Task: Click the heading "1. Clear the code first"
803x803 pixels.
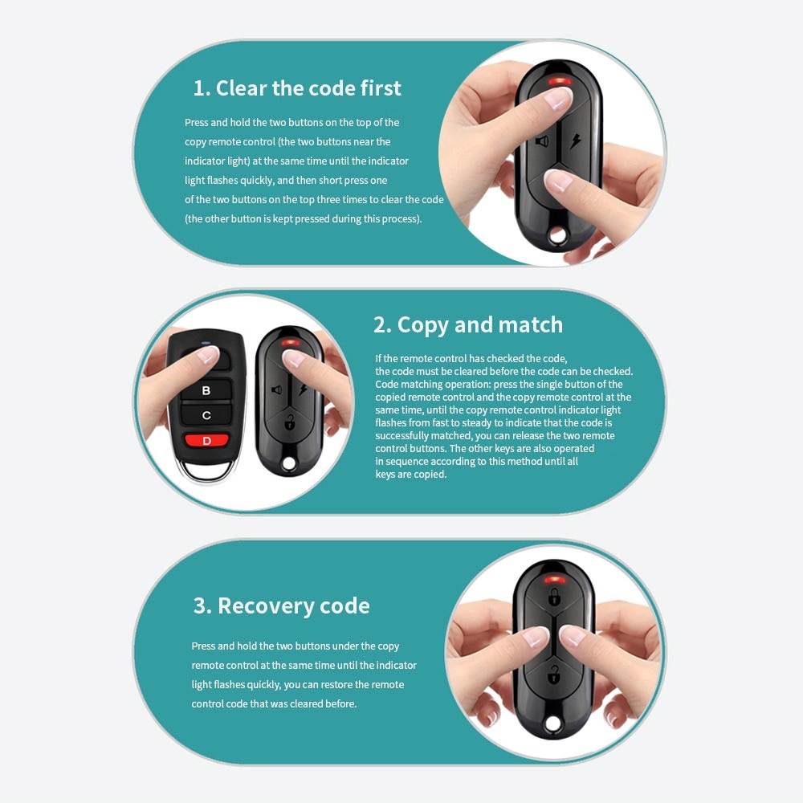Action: pos(297,88)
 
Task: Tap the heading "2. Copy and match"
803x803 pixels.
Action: pos(468,325)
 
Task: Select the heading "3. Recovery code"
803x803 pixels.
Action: pos(281,605)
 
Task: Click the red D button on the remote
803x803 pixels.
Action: pos(206,440)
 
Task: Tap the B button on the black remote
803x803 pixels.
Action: pos(206,390)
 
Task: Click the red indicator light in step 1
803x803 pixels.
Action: pos(560,81)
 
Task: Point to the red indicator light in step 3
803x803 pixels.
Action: pos(555,581)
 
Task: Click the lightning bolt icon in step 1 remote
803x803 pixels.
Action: pos(576,141)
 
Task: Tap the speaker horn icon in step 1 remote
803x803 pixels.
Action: pos(542,141)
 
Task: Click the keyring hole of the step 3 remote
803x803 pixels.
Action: pos(553,724)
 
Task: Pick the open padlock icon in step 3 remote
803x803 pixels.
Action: pos(553,675)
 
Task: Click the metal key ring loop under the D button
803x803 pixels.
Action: pos(206,477)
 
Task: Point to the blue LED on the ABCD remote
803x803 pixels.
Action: pos(206,343)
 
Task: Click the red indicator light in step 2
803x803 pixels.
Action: pos(290,342)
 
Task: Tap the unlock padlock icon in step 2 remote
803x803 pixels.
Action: pos(289,422)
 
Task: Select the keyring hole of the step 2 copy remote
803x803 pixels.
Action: pos(289,463)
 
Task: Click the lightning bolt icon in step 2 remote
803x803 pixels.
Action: pos(304,389)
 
